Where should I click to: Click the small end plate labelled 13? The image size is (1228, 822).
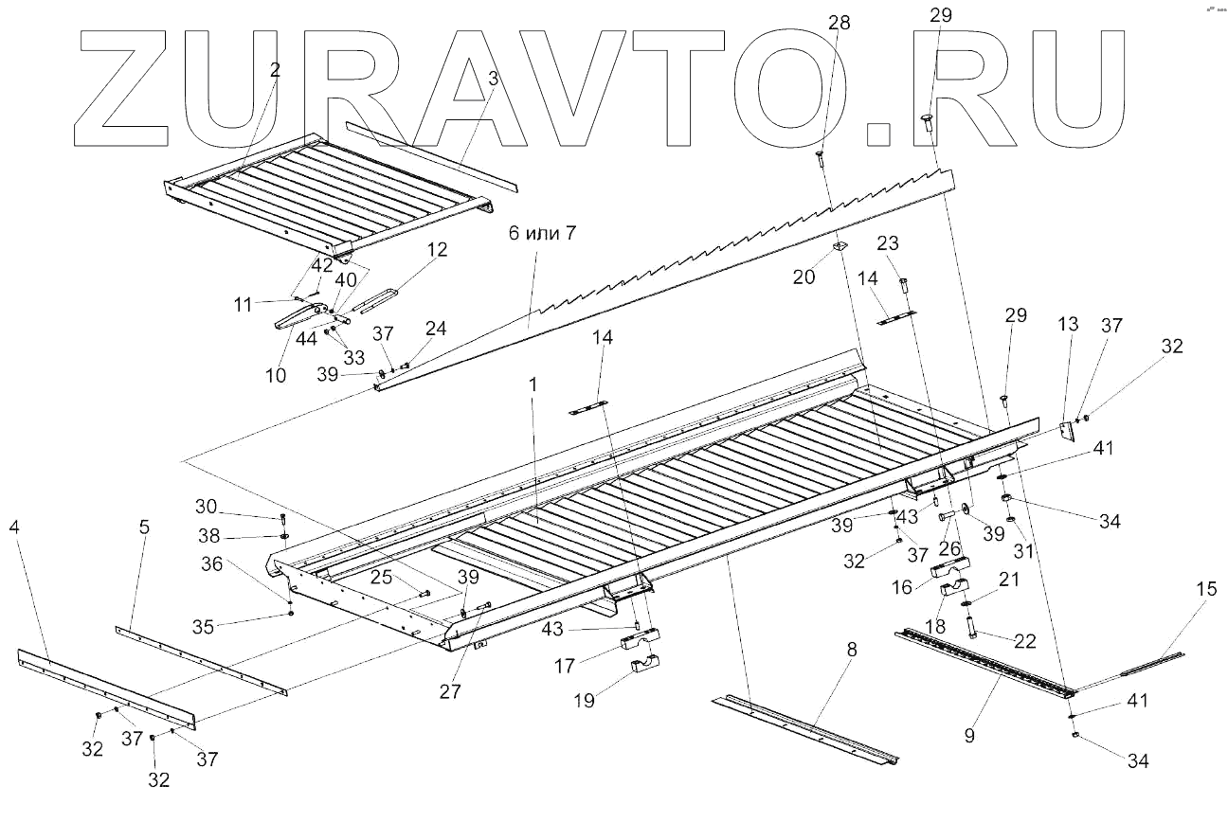tap(1066, 432)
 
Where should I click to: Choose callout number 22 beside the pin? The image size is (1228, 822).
tap(1023, 641)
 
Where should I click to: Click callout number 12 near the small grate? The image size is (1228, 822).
tap(437, 249)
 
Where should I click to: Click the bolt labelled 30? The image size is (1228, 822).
tap(283, 519)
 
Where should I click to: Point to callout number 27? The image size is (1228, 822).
tap(451, 691)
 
